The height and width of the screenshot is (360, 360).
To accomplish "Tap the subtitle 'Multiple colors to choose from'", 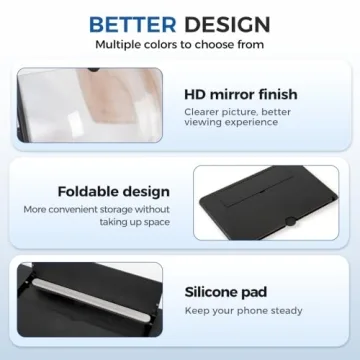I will (x=180, y=44).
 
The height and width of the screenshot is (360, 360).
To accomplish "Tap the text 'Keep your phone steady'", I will (x=246, y=313).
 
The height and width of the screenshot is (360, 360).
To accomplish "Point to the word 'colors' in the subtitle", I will (x=166, y=44).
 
